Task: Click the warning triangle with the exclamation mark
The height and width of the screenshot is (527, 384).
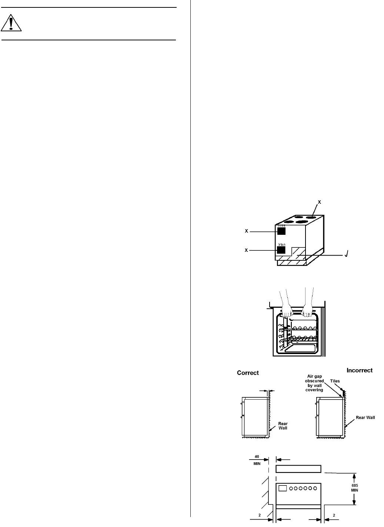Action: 11,23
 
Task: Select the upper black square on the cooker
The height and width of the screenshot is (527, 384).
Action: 282,231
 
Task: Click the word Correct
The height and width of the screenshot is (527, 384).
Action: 248,373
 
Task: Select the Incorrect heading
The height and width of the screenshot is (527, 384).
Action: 359,370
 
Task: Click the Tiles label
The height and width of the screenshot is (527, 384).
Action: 335,381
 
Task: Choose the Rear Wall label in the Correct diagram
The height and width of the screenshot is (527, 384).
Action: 283,426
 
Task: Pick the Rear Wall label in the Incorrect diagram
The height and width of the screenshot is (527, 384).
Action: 365,417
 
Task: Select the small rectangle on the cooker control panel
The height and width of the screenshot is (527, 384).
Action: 283,488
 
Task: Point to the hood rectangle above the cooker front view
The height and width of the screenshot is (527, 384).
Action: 298,469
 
